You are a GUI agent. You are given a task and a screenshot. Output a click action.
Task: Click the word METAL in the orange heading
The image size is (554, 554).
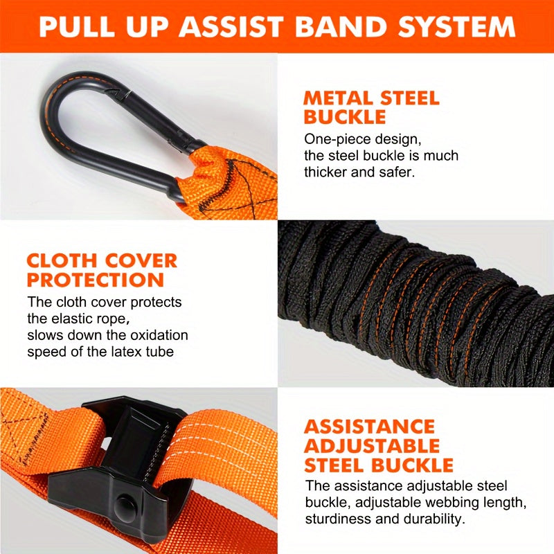335,98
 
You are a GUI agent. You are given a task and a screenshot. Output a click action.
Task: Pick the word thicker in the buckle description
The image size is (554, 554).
327,172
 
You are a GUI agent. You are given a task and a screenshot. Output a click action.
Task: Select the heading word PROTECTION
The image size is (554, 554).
95,280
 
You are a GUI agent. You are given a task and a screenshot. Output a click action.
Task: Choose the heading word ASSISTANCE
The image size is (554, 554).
370,427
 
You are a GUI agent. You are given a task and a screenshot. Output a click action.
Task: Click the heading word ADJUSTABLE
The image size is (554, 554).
372,445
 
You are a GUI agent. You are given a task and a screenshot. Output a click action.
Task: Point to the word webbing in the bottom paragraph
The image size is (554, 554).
437,501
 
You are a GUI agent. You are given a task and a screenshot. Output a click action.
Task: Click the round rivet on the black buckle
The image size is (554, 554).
125,501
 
